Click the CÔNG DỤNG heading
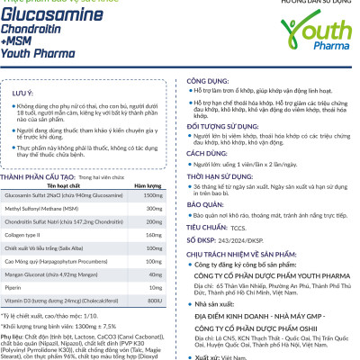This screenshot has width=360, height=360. pyautogui.click(x=206, y=80)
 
